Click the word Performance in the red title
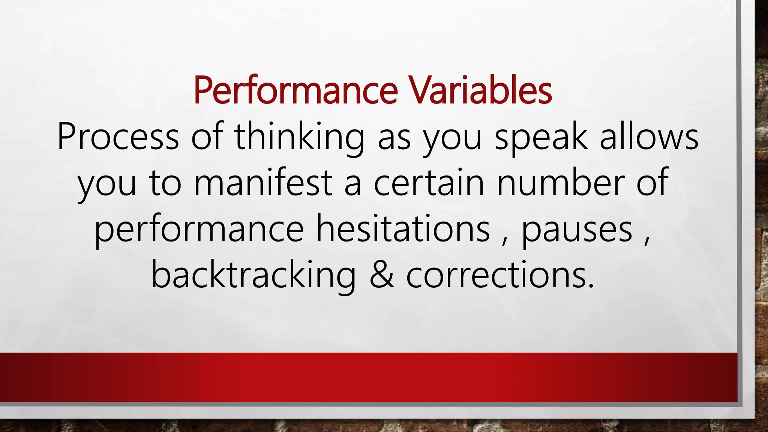(295, 91)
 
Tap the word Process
(118, 137)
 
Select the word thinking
(299, 138)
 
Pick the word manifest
(263, 182)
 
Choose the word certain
(429, 183)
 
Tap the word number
(560, 182)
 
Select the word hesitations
(403, 228)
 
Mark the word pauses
(577, 230)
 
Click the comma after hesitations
(505, 240)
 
